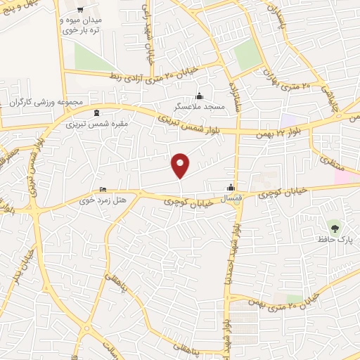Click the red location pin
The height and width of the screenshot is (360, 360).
click(181, 165)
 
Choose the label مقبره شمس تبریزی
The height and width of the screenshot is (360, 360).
click(91, 124)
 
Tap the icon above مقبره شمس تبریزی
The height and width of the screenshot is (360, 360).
click(96, 112)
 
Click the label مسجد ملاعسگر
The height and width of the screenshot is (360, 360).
click(200, 108)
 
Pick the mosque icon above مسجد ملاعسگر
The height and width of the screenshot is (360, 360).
click(200, 96)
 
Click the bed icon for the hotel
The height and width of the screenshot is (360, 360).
click(103, 189)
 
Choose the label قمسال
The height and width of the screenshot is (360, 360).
click(231, 199)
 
